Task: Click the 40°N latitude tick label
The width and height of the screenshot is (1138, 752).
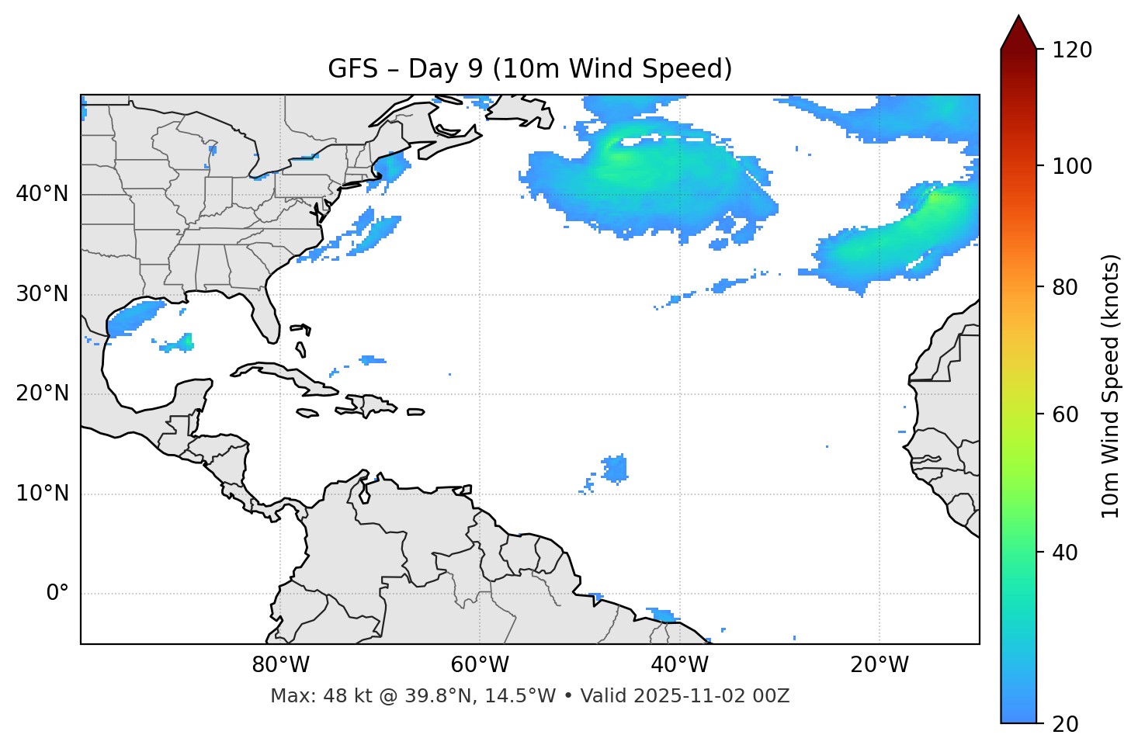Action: pos(42,194)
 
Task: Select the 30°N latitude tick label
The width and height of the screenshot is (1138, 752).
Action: pos(42,294)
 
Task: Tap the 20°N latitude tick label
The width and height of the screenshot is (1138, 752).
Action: pos(42,393)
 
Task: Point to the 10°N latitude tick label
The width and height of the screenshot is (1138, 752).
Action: pos(42,494)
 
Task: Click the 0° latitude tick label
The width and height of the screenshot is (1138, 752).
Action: pos(57,594)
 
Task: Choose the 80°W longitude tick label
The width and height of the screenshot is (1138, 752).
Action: pos(280,665)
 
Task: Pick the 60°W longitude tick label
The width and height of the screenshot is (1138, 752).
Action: pos(480,665)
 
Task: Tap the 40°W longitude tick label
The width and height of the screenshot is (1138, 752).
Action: pos(679,665)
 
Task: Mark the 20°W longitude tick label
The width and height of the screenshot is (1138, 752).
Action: pos(880,665)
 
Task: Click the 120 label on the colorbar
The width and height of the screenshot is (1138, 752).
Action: pos(1072,50)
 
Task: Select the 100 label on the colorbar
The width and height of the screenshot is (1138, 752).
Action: pos(1072,166)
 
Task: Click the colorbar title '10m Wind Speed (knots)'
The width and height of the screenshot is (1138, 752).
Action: pos(1111,386)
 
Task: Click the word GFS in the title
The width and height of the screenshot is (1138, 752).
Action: pos(352,69)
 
